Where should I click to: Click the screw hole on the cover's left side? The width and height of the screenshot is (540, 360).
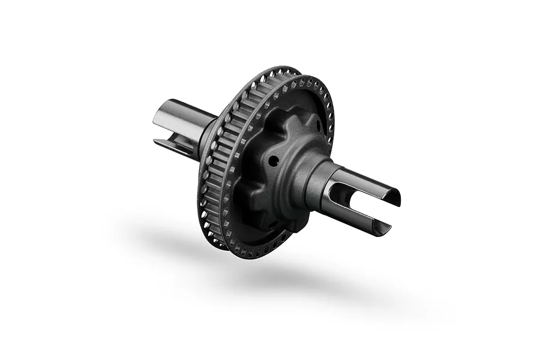tap(273, 161)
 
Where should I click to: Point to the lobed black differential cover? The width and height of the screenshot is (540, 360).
tap(282, 174)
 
